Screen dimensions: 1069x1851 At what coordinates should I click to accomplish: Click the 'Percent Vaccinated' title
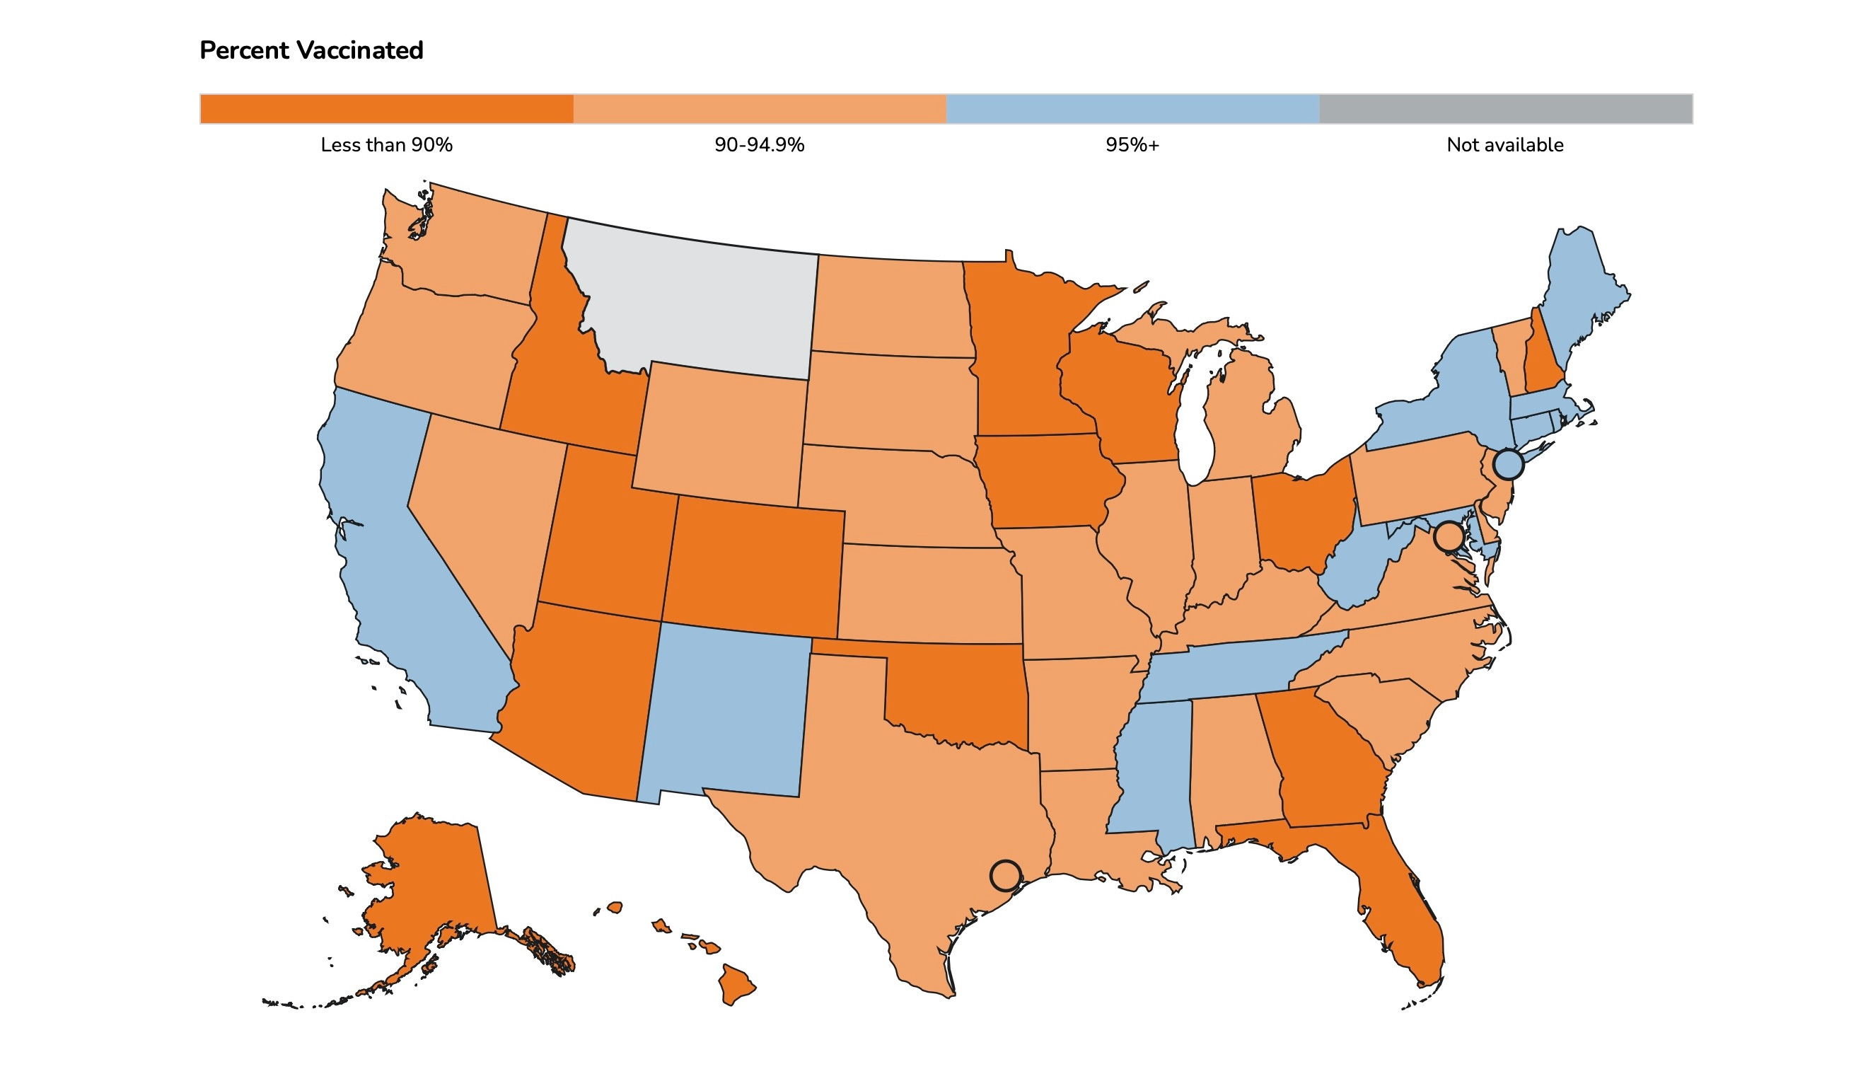click(x=311, y=51)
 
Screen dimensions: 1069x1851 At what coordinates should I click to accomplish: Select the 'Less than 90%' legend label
click(x=386, y=144)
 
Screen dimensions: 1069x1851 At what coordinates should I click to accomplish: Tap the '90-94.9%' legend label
click(x=759, y=144)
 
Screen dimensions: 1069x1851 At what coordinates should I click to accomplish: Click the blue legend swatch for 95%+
click(x=1132, y=109)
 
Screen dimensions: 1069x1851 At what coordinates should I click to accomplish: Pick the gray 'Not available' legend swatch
click(x=1504, y=109)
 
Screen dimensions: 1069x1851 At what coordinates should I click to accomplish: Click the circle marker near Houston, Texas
click(x=1005, y=875)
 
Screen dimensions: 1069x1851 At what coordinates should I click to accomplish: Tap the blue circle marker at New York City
click(x=1508, y=465)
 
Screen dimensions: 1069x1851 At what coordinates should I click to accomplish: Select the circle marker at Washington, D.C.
click(x=1449, y=537)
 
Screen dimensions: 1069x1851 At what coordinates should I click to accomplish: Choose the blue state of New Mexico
click(x=726, y=712)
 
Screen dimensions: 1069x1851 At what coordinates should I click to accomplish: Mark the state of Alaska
click(x=433, y=881)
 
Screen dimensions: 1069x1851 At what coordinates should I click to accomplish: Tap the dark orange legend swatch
click(x=386, y=109)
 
